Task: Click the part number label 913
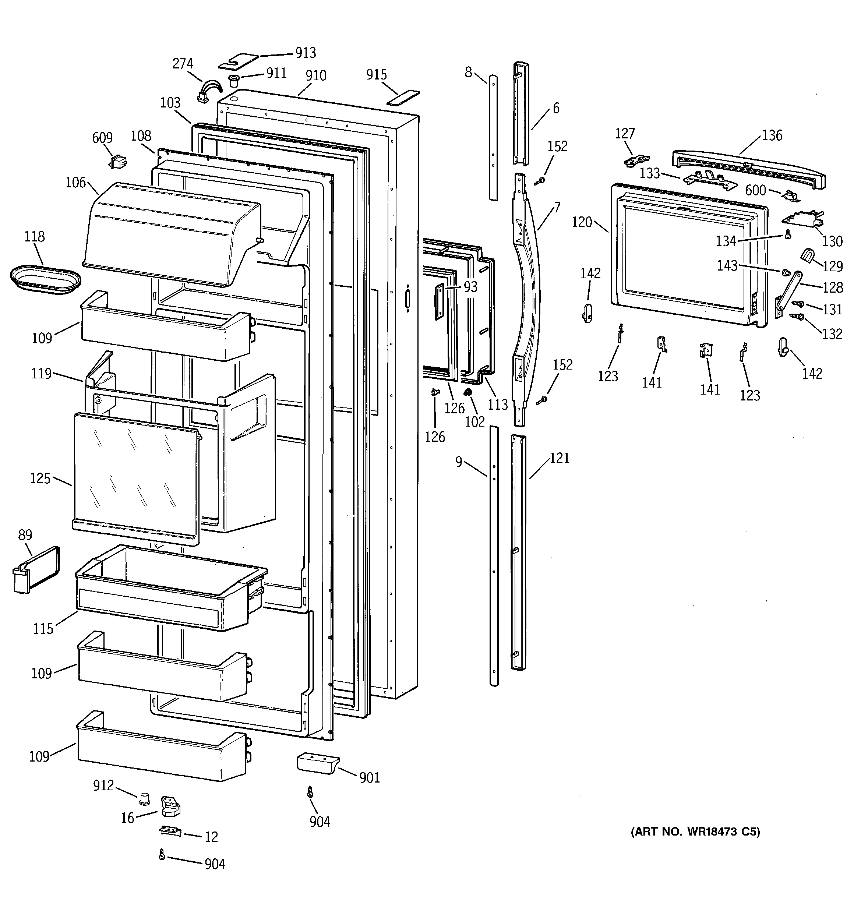305,53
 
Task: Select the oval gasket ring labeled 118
45,279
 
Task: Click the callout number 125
40,479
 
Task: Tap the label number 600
755,190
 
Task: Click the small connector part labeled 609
118,161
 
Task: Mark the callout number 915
376,75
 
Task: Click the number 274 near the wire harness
183,64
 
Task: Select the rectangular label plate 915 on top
403,97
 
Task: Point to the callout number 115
43,629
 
